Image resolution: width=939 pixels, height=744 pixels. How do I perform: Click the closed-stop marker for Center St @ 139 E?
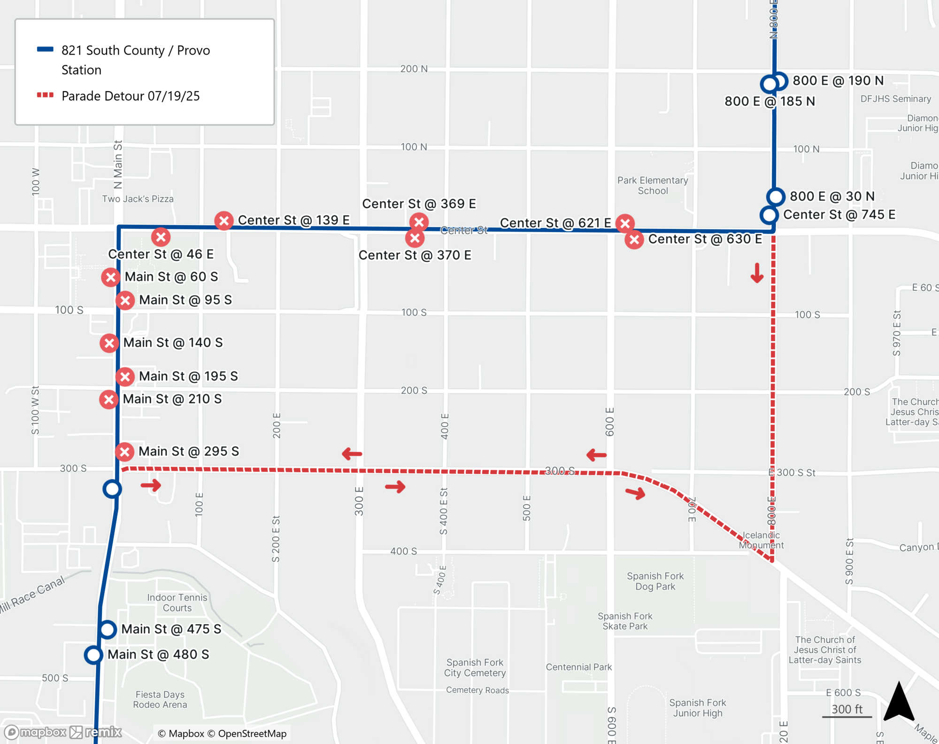coord(224,220)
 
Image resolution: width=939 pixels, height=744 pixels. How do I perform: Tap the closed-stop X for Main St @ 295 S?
coord(125,452)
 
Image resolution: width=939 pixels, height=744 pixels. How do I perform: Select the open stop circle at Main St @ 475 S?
coord(108,629)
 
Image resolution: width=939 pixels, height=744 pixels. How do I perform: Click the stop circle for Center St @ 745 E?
coord(769,215)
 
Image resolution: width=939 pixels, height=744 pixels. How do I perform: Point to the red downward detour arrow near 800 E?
coord(757,273)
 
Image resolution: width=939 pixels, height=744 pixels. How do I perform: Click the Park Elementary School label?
coord(653,186)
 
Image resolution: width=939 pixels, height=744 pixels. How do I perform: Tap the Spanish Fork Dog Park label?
coord(655,581)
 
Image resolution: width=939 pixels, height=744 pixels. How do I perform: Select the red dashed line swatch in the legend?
coord(45,95)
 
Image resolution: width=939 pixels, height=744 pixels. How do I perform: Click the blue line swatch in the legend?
coord(45,49)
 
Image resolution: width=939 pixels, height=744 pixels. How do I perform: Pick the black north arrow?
coord(899,703)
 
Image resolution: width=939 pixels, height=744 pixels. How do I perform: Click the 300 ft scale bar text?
coord(847,709)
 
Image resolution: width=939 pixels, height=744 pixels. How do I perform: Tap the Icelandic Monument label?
coord(761,540)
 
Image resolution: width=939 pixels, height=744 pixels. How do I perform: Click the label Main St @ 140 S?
coord(173,343)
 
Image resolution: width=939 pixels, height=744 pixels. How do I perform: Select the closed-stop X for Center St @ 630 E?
coord(634,240)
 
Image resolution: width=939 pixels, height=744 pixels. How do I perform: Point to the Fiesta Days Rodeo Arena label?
coord(160,699)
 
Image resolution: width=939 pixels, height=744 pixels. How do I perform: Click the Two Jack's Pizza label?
coord(138,199)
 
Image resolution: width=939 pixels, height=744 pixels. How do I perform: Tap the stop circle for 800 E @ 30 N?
coord(776,196)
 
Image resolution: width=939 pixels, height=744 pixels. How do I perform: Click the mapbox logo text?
coord(43,732)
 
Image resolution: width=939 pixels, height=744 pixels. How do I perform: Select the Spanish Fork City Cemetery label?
coord(475,667)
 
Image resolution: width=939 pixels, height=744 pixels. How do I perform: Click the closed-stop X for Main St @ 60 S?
coord(110,277)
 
